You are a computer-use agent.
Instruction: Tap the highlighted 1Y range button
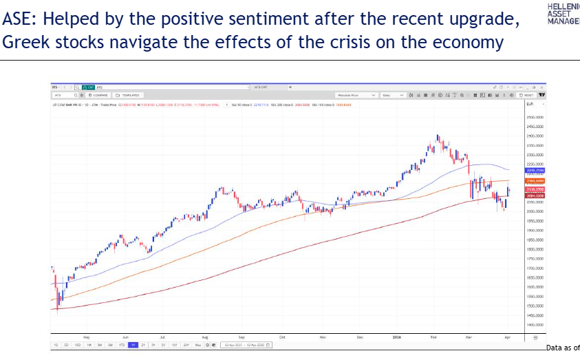133,344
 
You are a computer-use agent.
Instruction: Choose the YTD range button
121,344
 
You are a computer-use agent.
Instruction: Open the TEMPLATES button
129,95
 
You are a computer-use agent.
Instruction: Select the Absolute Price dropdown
355,95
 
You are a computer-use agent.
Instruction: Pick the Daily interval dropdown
391,95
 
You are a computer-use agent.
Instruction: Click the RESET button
526,95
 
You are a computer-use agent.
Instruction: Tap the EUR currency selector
530,104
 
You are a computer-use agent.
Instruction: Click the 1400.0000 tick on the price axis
535,324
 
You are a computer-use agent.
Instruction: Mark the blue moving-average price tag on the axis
535,169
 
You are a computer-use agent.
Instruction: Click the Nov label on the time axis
323,337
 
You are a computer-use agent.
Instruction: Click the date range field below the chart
246,344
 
